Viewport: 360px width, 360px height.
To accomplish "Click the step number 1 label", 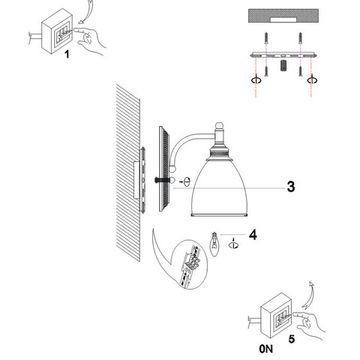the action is click(x=67, y=54).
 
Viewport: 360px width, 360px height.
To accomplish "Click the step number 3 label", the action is click(x=291, y=187).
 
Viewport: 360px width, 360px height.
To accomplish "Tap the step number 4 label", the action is click(x=253, y=235).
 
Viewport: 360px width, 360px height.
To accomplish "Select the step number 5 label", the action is click(x=291, y=339).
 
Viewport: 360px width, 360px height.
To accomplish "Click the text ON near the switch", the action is click(x=266, y=349).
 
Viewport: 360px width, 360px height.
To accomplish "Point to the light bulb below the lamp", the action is click(x=215, y=244).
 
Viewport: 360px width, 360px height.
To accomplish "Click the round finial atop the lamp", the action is click(x=218, y=127).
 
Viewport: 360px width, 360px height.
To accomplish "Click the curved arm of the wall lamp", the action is click(x=187, y=142).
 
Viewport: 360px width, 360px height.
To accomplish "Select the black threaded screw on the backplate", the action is click(x=160, y=180).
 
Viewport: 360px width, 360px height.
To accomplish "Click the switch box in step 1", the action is click(x=57, y=31).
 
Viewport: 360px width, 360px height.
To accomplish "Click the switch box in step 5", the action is click(x=276, y=315).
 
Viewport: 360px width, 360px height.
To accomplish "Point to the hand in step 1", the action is click(x=91, y=40).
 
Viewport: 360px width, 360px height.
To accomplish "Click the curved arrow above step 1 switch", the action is click(x=86, y=12).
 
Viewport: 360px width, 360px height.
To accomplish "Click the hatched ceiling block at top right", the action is click(x=283, y=16).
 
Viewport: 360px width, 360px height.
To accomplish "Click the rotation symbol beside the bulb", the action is click(x=233, y=245).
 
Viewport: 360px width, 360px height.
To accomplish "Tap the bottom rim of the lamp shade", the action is click(x=219, y=215).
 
